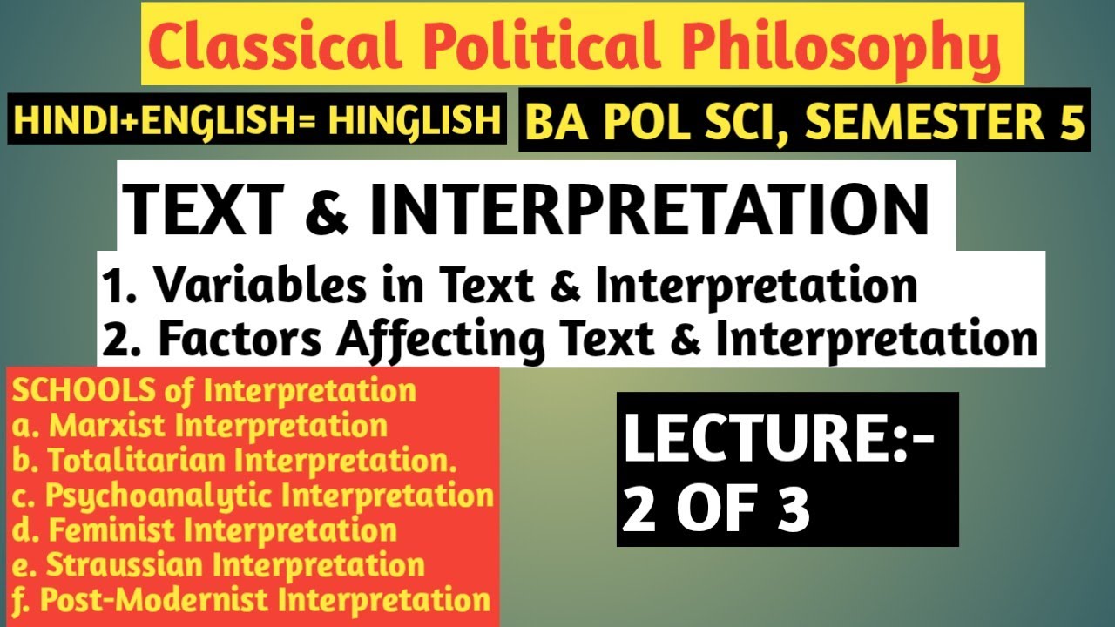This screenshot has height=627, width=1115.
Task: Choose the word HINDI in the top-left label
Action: [57, 121]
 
